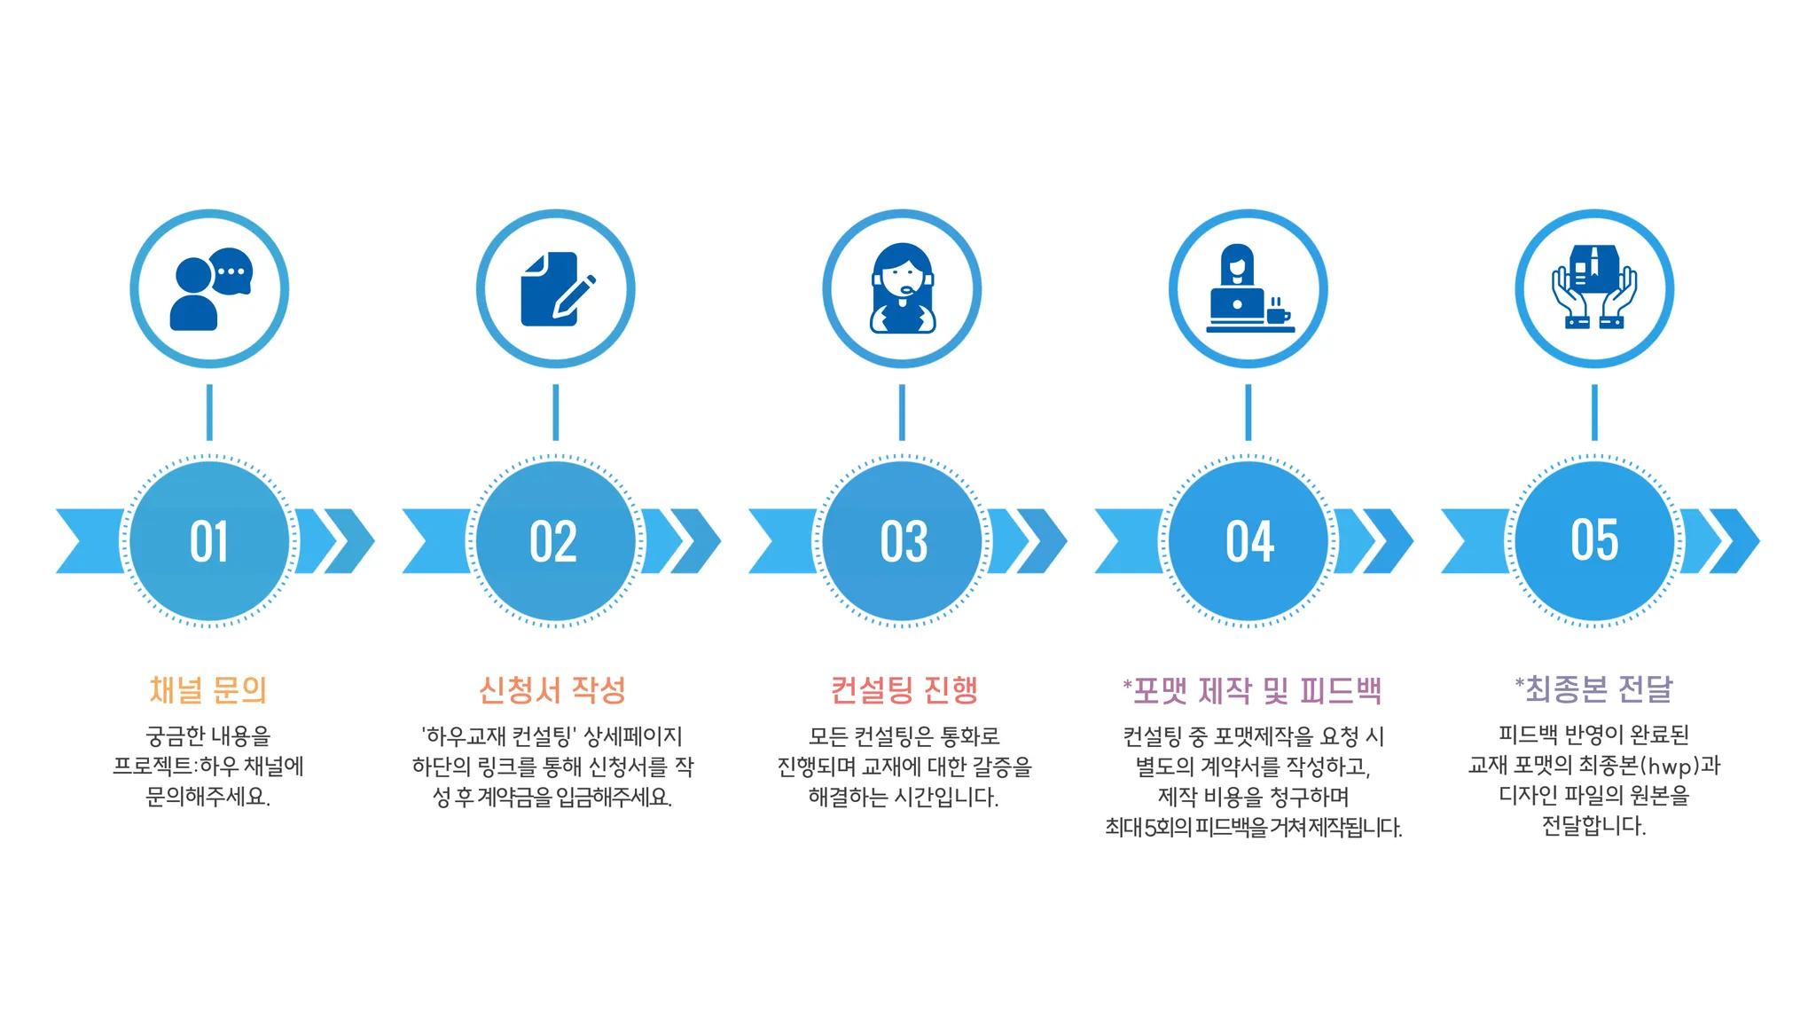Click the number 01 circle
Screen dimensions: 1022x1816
coord(209,540)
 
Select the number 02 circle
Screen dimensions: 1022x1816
coord(555,540)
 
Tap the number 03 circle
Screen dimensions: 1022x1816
coord(902,540)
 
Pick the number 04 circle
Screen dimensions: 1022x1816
coord(1248,540)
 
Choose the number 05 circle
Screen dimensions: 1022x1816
coord(1594,540)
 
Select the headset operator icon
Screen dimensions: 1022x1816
coord(902,289)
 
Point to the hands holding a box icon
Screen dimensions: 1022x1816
coord(1594,287)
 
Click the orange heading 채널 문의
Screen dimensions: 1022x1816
coord(208,689)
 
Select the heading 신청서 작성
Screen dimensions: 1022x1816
coord(552,689)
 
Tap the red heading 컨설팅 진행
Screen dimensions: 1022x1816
coord(904,689)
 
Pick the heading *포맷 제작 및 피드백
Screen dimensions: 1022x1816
coord(1252,690)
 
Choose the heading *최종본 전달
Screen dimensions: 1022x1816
coord(1593,688)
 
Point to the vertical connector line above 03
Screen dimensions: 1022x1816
coord(902,412)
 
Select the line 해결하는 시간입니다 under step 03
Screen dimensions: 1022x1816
coord(903,797)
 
